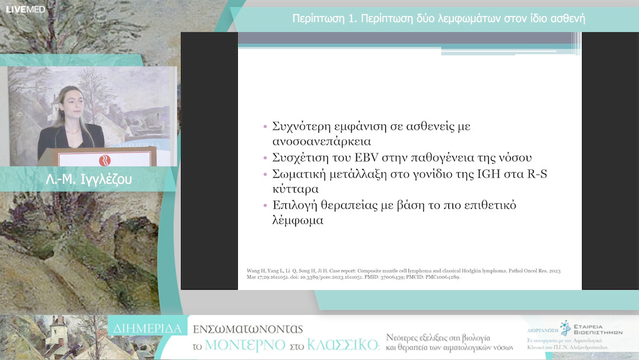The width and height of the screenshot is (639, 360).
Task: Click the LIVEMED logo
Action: click(x=25, y=9)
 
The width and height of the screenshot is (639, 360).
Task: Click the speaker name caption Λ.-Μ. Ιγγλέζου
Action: click(x=89, y=179)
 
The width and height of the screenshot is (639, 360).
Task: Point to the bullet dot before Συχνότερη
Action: click(x=265, y=127)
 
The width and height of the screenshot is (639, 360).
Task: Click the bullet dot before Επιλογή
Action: click(x=265, y=205)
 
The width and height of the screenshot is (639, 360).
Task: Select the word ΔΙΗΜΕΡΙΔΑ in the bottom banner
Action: click(x=148, y=327)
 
